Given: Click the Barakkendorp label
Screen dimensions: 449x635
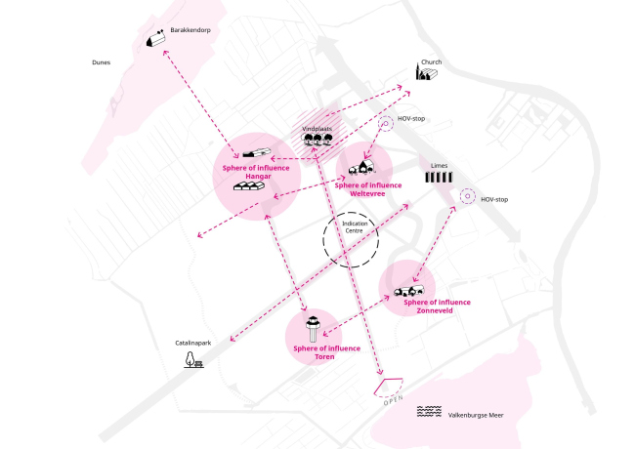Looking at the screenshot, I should point(190,30).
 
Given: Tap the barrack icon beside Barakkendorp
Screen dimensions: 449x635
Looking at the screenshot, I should point(154,39).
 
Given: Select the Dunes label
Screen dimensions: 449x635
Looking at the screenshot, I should point(100,62).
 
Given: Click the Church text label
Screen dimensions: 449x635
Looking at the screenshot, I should point(431,62).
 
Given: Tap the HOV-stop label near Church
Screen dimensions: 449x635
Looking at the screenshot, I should point(410,119).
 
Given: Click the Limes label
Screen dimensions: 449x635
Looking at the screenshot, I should point(440,165).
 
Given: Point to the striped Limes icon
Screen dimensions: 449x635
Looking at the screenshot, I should point(440,180).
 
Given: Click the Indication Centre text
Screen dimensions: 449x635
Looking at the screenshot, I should point(354,227).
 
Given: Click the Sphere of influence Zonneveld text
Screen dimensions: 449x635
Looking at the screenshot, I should point(437,306).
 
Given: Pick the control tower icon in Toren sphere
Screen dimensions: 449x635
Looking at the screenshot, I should point(314,327).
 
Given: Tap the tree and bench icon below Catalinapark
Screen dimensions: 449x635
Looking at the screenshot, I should point(192,361).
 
